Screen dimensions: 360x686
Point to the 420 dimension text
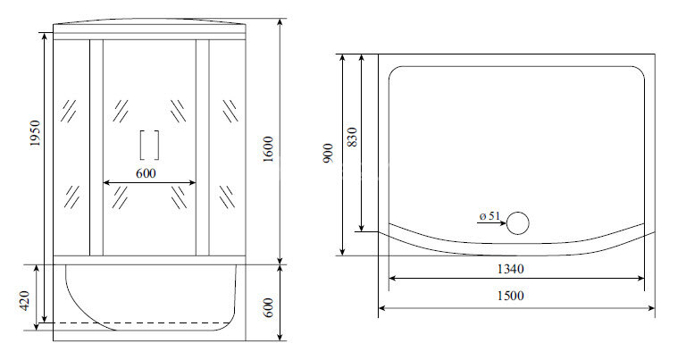pos(26,303)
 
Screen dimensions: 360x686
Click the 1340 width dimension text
pos(510,268)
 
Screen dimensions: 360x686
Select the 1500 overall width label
pos(510,297)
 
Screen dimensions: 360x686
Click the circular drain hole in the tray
pos(518,223)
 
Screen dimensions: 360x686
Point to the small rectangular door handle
pos(149,145)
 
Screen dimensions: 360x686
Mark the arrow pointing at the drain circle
pos(494,224)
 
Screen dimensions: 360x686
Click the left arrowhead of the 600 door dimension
pos(107,183)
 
